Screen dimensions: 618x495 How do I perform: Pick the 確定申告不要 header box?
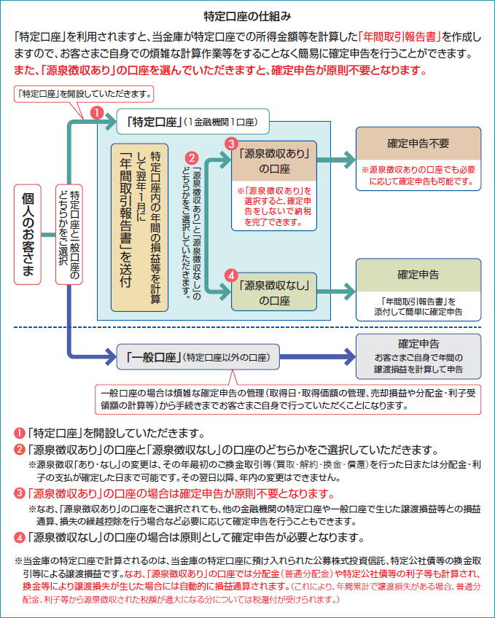tap(418, 144)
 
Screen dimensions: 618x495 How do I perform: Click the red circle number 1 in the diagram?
tap(96, 112)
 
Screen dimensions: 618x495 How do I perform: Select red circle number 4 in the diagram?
tap(230, 275)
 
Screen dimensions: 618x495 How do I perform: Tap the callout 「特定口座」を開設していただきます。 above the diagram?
tap(85, 94)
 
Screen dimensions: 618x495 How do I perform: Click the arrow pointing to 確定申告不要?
tap(336, 160)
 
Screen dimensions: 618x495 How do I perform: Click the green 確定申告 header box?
tap(418, 275)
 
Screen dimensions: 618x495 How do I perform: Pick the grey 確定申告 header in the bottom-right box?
tap(418, 343)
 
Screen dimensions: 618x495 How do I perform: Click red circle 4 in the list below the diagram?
tap(20, 538)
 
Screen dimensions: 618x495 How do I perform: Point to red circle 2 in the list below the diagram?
tap(20, 449)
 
